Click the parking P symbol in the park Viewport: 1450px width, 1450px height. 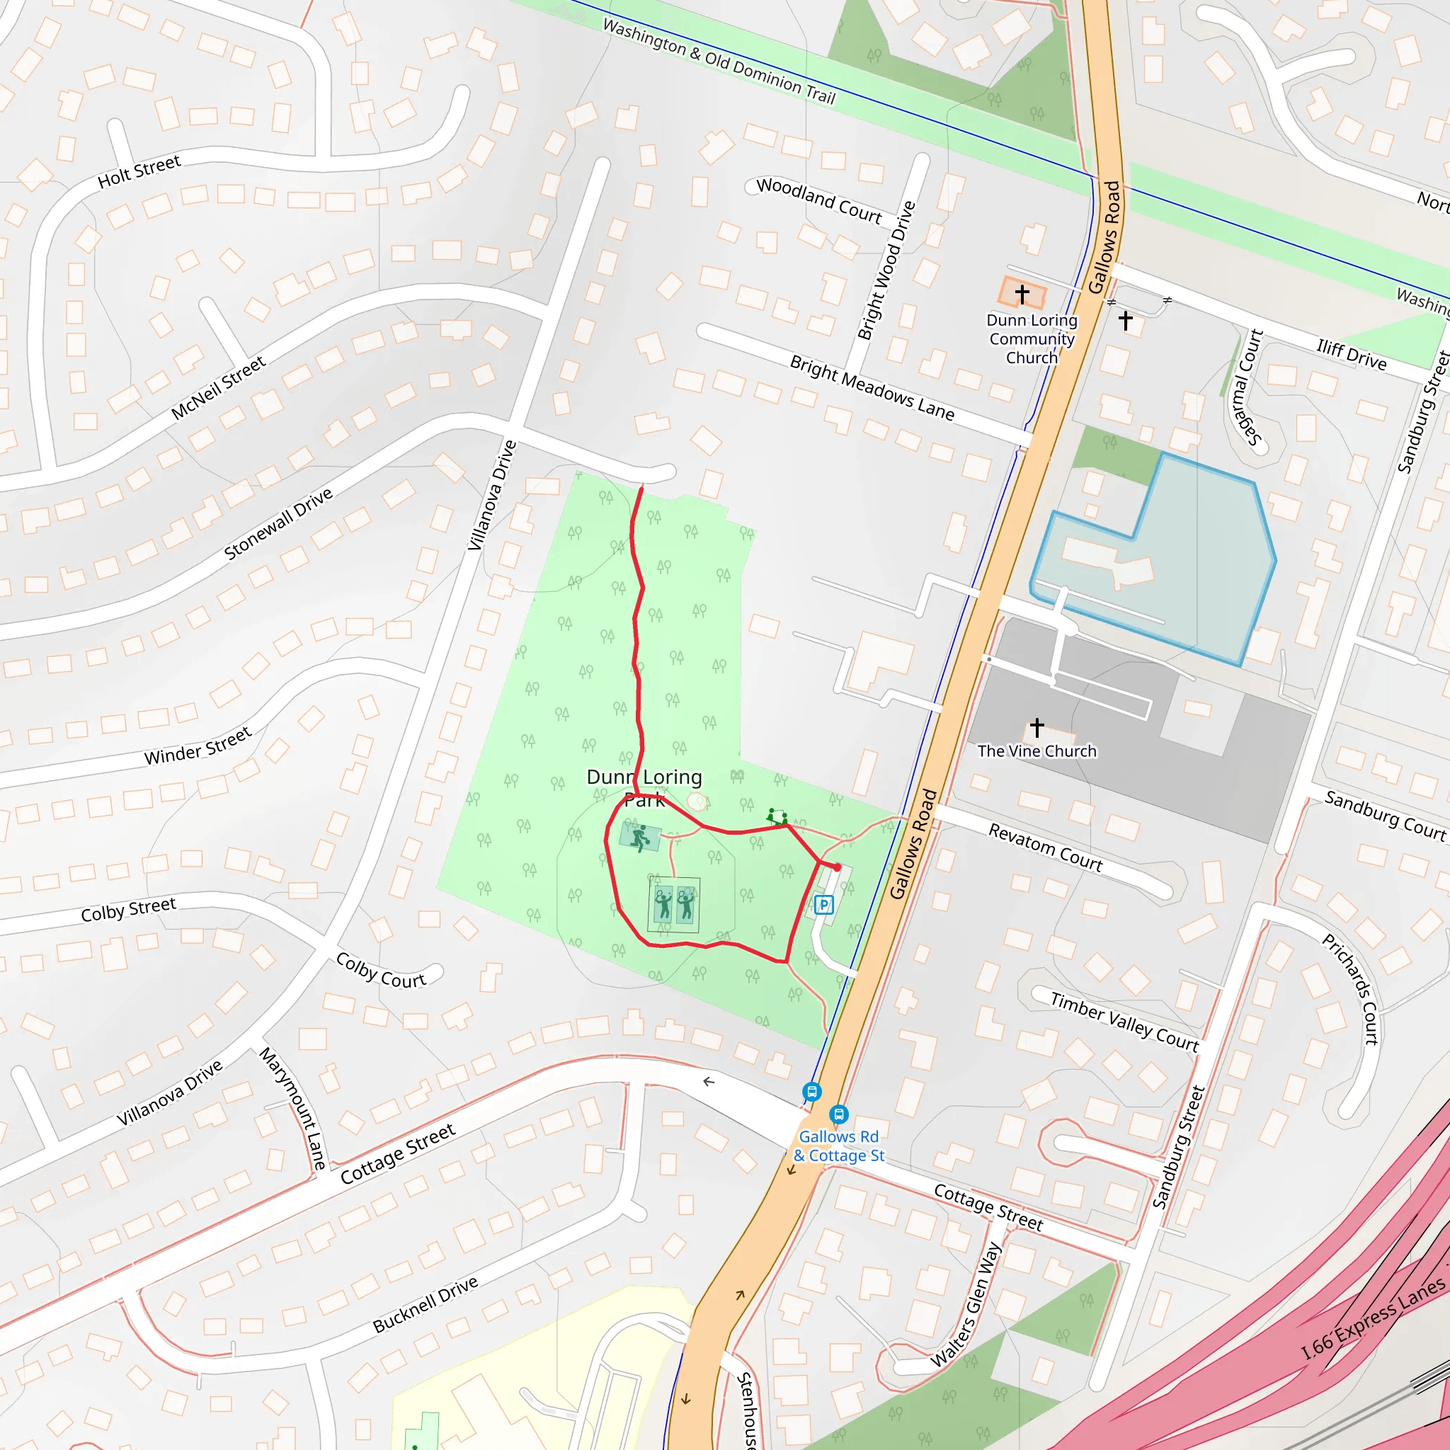(x=823, y=904)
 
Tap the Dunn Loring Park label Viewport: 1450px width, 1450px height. (x=645, y=787)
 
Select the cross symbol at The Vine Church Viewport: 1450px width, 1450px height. (x=1037, y=726)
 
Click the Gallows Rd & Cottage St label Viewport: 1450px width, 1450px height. (x=838, y=1146)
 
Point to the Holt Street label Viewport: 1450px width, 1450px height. (x=139, y=172)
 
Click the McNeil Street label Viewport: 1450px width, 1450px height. (x=217, y=387)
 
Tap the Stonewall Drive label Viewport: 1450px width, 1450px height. (x=278, y=523)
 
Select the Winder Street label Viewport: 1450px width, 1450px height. (x=198, y=746)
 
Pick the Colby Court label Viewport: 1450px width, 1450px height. (x=380, y=971)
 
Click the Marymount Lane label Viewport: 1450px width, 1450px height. (x=293, y=1109)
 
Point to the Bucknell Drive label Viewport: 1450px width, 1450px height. (x=426, y=1303)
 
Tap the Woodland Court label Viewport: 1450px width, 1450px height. (x=819, y=200)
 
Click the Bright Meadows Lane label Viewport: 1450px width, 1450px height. (x=872, y=387)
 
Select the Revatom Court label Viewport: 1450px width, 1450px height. (x=1046, y=847)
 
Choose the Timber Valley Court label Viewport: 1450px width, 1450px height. (x=1124, y=1021)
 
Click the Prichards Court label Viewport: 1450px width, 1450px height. (x=1351, y=988)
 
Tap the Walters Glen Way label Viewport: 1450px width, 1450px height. (x=966, y=1304)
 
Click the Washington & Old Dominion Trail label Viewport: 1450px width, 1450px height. (x=719, y=62)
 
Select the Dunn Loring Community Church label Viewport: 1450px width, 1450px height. (x=1032, y=338)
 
